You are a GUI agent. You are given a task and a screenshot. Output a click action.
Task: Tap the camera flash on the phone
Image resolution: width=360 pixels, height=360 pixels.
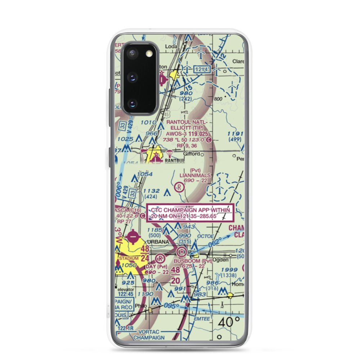149,54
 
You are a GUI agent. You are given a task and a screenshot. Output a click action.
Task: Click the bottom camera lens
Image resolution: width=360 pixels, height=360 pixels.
132,104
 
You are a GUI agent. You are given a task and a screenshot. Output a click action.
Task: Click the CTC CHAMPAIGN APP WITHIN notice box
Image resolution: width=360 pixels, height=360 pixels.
190,213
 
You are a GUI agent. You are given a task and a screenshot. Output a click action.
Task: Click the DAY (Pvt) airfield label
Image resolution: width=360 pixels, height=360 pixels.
157,266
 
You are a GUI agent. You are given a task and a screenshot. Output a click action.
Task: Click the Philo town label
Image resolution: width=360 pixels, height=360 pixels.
140,306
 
